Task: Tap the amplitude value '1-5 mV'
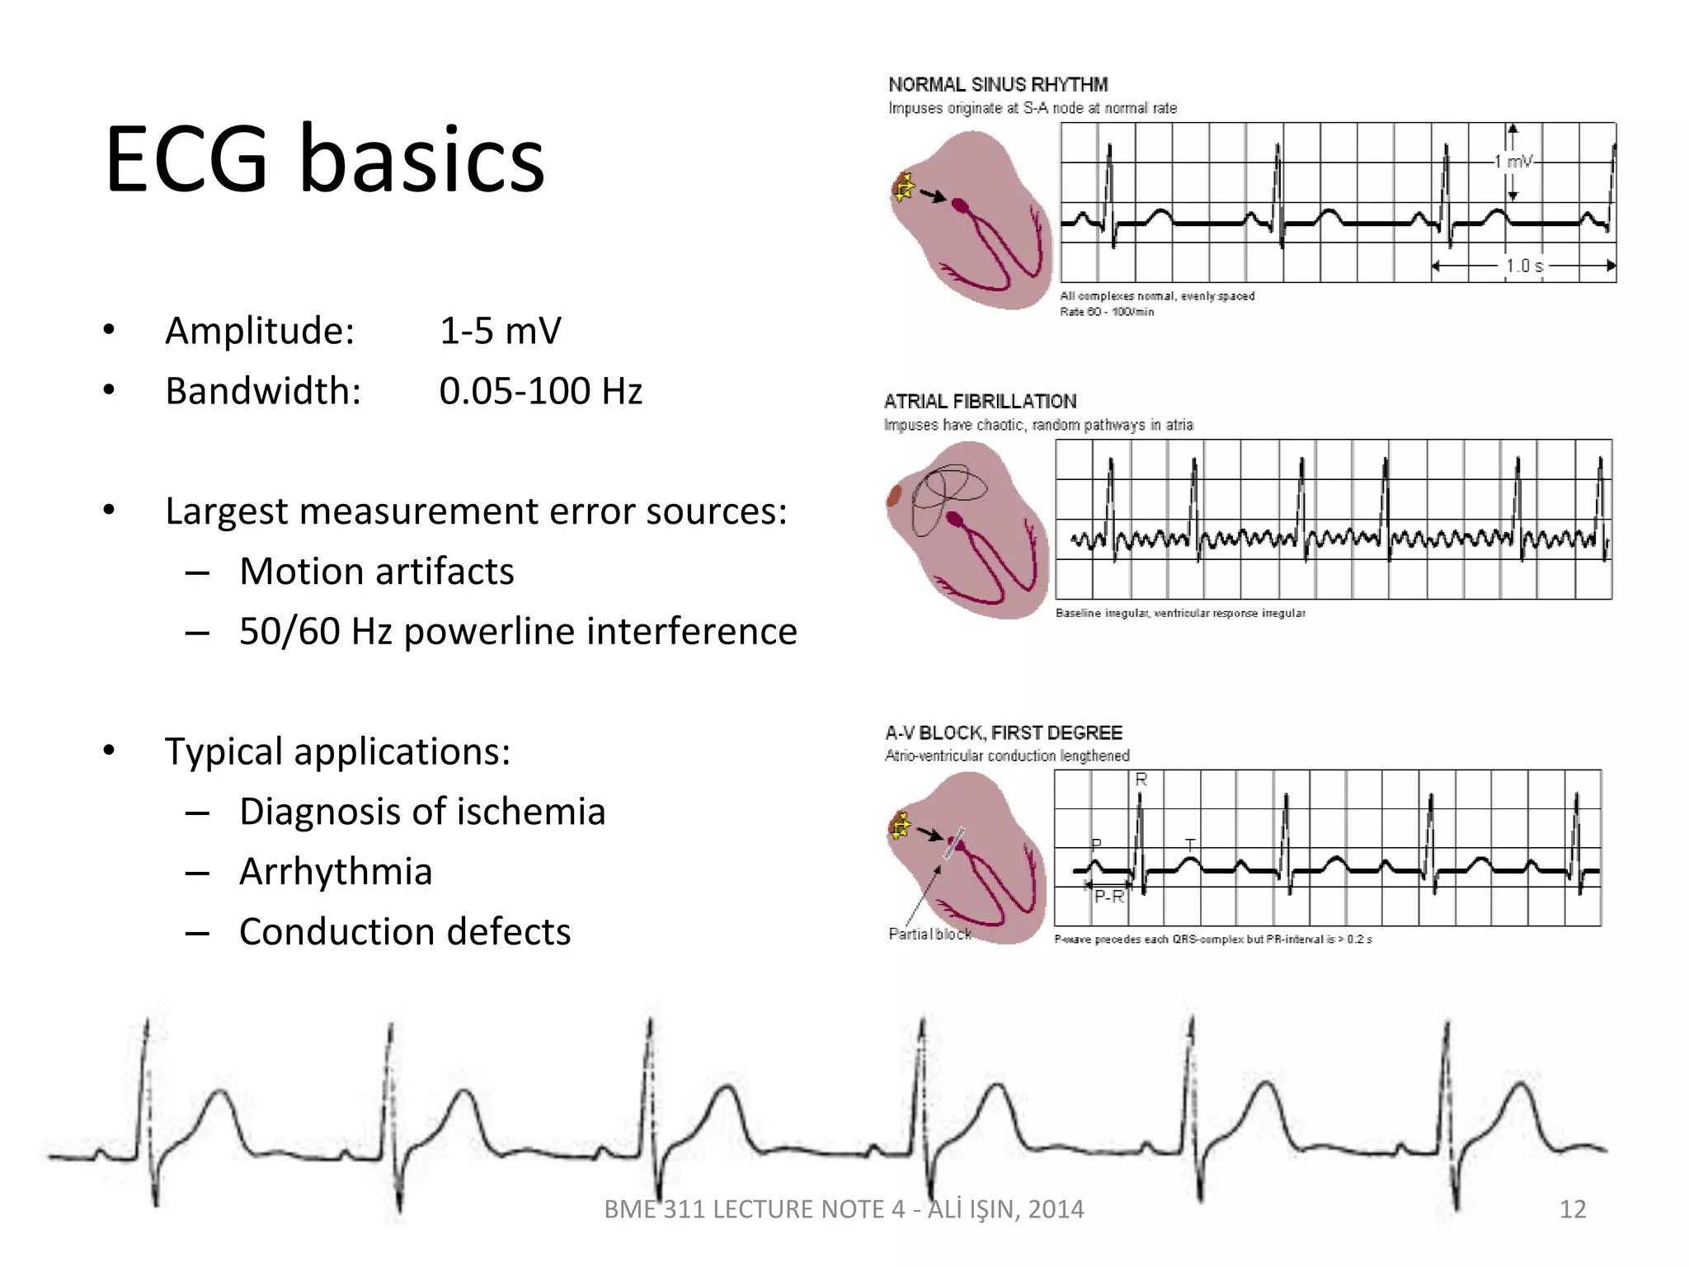coord(500,331)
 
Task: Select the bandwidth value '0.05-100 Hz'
coord(540,391)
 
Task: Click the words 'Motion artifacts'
coord(376,572)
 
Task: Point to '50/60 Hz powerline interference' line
coord(518,632)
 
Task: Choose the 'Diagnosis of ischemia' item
coord(422,812)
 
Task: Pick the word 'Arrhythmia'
coord(336,872)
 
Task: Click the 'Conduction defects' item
coord(405,932)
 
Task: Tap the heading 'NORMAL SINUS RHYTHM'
coord(998,85)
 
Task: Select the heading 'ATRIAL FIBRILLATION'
coord(980,402)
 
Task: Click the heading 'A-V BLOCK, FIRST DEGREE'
coord(1004,733)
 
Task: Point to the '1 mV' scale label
coord(1514,162)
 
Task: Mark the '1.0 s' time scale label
coord(1524,266)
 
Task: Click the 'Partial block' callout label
coord(929,934)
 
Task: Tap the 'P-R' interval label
coord(1109,897)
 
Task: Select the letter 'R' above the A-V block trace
coord(1141,780)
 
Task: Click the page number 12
coord(1573,1209)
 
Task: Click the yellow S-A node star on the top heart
coord(905,188)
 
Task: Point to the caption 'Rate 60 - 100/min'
coord(1107,312)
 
